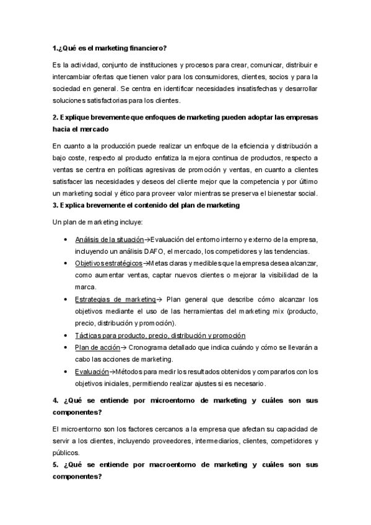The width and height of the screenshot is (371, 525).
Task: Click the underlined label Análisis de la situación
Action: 109,240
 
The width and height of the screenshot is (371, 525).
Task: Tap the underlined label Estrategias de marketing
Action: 115,298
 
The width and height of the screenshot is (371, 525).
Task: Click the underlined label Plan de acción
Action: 97,347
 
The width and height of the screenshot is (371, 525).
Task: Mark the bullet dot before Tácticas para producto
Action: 66,336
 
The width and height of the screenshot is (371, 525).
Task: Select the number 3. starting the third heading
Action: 55,205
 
